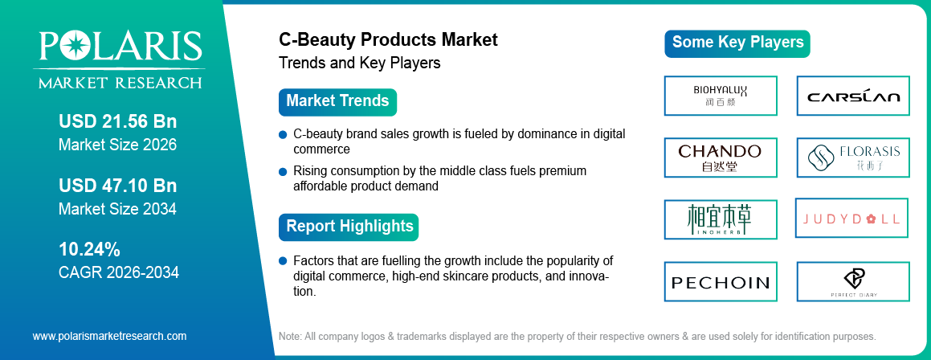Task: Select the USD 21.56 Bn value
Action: tap(117, 122)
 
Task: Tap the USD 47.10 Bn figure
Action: tap(117, 186)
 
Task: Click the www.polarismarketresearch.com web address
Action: tap(109, 336)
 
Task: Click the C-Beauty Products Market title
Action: tap(388, 39)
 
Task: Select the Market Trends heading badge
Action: tap(337, 101)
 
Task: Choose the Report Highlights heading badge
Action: tap(349, 226)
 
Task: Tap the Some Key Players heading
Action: tap(737, 43)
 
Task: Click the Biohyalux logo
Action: tap(721, 96)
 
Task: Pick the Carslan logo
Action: tap(853, 96)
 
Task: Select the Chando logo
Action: tap(721, 157)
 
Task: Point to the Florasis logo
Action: tap(853, 157)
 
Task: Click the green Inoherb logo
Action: tap(721, 219)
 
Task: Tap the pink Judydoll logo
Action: tap(852, 219)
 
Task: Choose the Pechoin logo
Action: tap(721, 282)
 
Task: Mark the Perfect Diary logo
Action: tap(853, 282)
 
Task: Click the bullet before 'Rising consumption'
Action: tap(282, 172)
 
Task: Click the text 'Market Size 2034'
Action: tap(117, 209)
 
